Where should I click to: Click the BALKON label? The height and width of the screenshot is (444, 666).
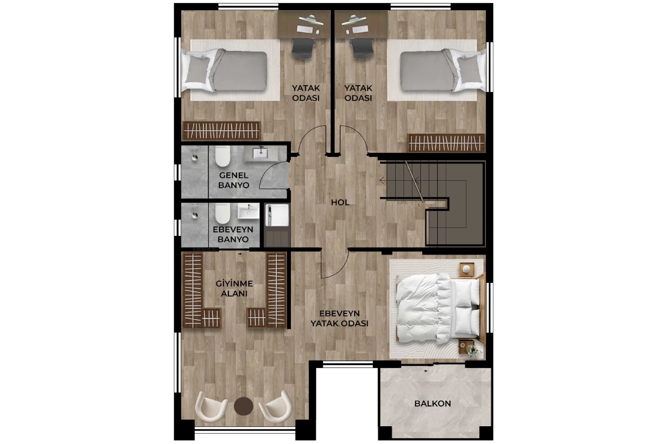pyautogui.click(x=432, y=404)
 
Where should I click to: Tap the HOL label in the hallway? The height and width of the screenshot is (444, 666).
pyautogui.click(x=340, y=202)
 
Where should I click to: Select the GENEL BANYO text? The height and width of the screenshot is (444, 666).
pyautogui.click(x=234, y=180)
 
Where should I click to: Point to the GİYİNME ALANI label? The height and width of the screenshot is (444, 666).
pyautogui.click(x=234, y=289)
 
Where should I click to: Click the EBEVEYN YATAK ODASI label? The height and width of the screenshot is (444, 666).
pyautogui.click(x=340, y=318)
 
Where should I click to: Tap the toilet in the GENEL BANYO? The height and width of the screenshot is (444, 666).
pyautogui.click(x=223, y=156)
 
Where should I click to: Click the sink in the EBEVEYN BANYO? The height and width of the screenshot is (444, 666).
pyautogui.click(x=249, y=211)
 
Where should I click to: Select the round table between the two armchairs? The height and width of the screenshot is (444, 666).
pyautogui.click(x=243, y=406)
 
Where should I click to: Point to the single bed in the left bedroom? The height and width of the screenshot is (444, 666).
pyautogui.click(x=225, y=70)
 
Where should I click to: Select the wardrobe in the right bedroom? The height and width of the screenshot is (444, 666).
pyautogui.click(x=446, y=143)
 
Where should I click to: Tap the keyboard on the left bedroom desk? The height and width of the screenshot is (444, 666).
pyautogui.click(x=305, y=29)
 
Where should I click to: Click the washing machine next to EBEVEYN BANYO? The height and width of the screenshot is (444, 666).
pyautogui.click(x=277, y=215)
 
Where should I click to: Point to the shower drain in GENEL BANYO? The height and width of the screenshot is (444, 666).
pyautogui.click(x=194, y=157)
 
